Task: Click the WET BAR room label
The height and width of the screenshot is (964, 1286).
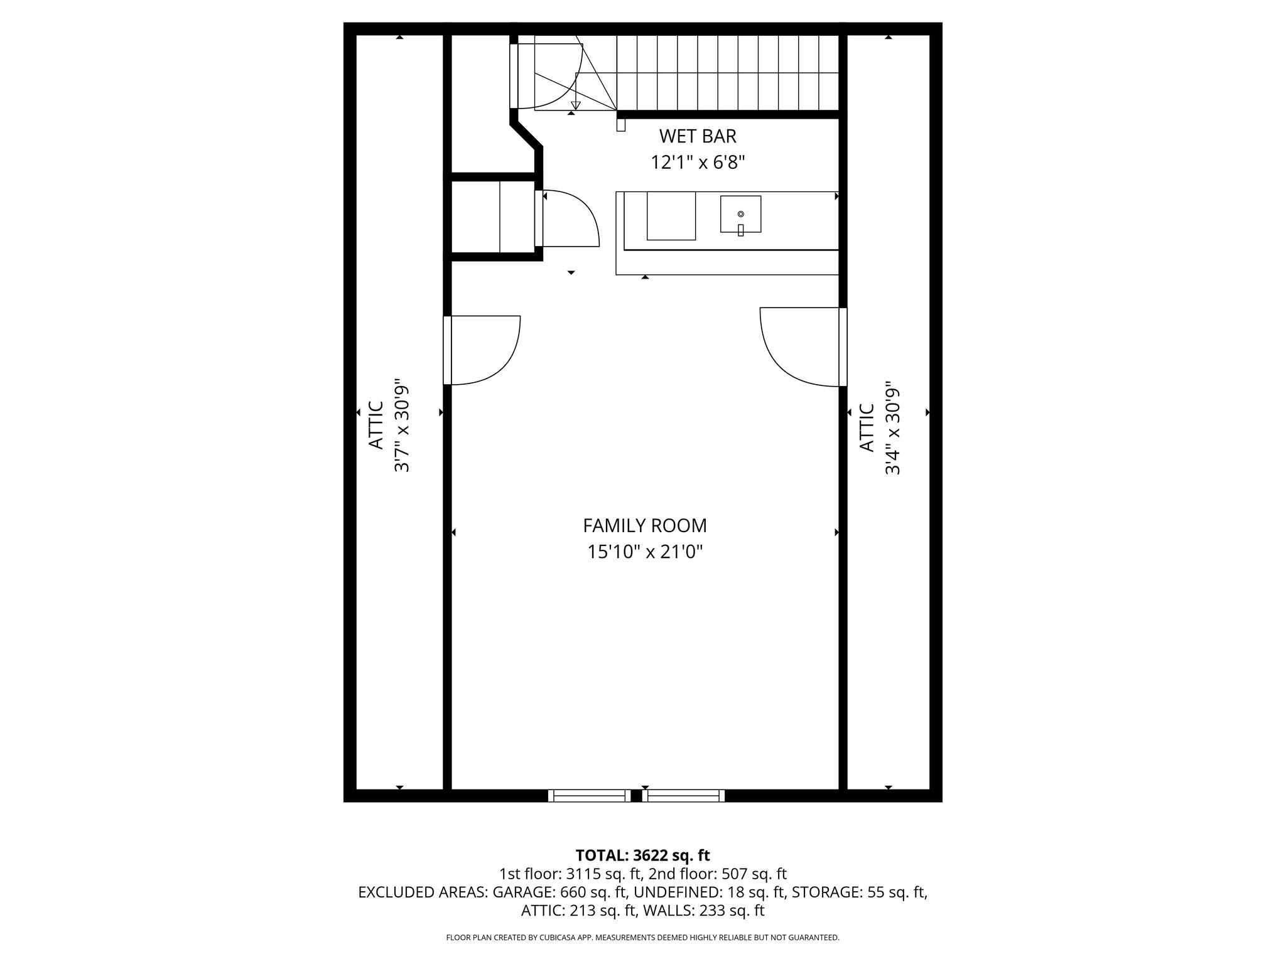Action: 697,136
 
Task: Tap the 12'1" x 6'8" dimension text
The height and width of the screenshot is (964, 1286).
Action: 697,163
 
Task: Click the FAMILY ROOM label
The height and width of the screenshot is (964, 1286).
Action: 644,525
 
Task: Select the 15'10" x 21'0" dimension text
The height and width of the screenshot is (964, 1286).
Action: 644,552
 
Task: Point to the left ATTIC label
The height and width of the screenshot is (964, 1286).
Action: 376,425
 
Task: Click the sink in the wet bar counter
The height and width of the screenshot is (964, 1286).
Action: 740,215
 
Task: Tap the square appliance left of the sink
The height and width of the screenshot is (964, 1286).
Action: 671,216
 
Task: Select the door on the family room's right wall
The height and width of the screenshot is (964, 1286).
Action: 801,346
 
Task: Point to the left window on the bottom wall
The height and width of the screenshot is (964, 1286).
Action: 588,796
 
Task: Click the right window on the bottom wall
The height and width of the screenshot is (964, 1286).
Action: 683,796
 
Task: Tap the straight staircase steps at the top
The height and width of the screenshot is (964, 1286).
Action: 728,73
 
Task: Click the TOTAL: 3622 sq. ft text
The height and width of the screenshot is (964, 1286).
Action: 642,855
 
